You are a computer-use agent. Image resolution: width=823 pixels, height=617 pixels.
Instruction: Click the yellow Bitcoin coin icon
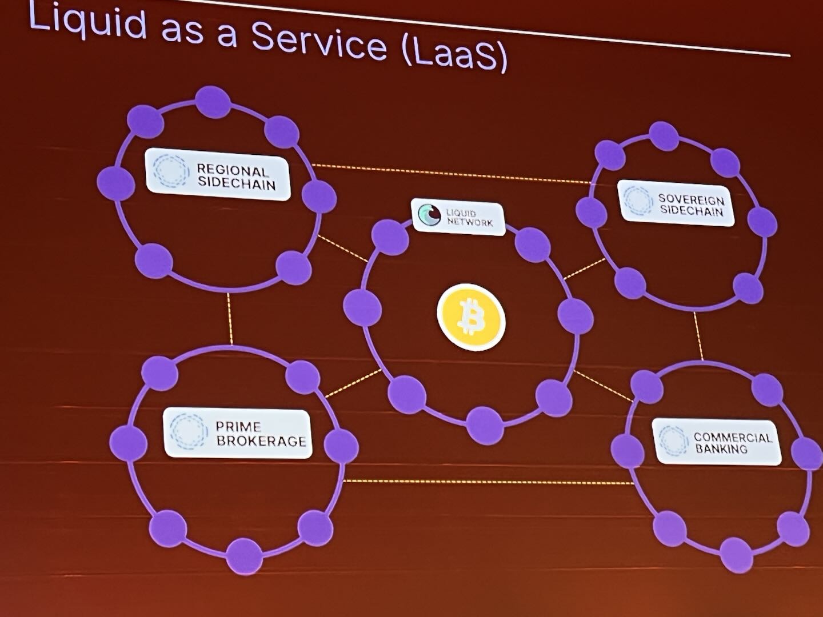472,317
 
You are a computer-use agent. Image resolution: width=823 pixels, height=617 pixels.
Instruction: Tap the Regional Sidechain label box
218,174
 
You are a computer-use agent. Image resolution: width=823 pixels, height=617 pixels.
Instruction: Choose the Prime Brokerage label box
238,434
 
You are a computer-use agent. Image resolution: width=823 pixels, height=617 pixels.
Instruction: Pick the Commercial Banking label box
717,442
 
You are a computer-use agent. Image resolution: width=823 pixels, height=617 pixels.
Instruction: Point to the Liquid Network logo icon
430,215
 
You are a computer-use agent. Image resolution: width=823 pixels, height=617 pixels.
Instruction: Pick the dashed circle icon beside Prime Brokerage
189,431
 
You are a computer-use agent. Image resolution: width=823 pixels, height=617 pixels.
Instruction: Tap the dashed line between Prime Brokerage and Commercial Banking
489,482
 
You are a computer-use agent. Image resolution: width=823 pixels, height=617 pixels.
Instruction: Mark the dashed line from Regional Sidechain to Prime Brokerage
229,318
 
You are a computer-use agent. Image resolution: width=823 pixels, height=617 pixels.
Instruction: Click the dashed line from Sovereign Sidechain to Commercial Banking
698,336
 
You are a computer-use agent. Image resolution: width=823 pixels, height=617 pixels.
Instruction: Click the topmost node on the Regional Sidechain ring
213,102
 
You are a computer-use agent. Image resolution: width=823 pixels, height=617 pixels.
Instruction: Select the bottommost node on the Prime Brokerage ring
245,556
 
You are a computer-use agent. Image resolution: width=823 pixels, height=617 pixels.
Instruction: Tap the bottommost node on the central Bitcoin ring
486,425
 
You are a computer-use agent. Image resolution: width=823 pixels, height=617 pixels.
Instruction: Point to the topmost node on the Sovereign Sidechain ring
664,137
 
